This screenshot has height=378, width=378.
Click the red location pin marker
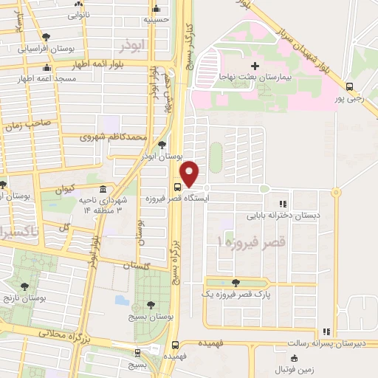(190, 173)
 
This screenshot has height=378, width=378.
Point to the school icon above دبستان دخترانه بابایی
(283, 205)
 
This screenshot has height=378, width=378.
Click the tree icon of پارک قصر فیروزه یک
(236, 283)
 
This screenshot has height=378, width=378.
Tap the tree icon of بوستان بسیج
(151, 305)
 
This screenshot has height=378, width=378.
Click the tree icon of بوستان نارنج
(24, 286)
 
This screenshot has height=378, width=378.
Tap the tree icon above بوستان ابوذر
(162, 145)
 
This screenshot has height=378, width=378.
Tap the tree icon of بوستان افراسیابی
(47, 37)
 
